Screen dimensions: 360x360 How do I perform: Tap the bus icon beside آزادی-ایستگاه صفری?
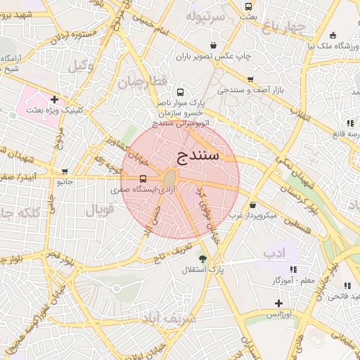pyautogui.click(x=143, y=179)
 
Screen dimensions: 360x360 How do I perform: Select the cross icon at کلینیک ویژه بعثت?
pyautogui.click(x=54, y=99)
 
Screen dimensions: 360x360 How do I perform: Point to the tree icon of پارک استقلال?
pyautogui.click(x=203, y=259)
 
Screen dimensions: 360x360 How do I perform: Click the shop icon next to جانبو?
pyautogui.click(x=65, y=171)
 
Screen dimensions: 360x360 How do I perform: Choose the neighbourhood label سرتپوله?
pyautogui.click(x=205, y=15)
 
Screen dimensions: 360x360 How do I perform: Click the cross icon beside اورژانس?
pyautogui.click(x=279, y=303)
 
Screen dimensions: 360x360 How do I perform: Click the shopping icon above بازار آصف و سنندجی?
pyautogui.click(x=250, y=79)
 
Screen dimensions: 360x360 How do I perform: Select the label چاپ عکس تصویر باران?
pyautogui.click(x=219, y=56)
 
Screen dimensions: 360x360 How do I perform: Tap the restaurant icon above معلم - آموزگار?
pyautogui.click(x=293, y=269)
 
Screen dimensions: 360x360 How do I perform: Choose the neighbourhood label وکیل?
pyautogui.click(x=79, y=65)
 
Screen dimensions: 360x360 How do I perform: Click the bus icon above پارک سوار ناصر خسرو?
pyautogui.click(x=181, y=92)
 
